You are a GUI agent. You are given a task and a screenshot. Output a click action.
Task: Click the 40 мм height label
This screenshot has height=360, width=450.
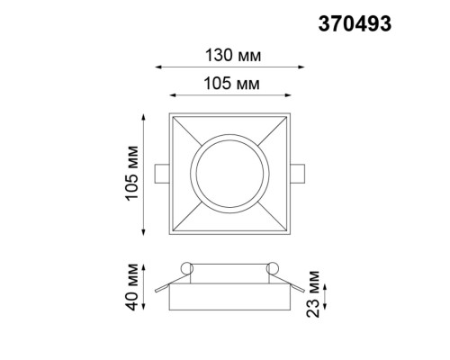click(x=131, y=285)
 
